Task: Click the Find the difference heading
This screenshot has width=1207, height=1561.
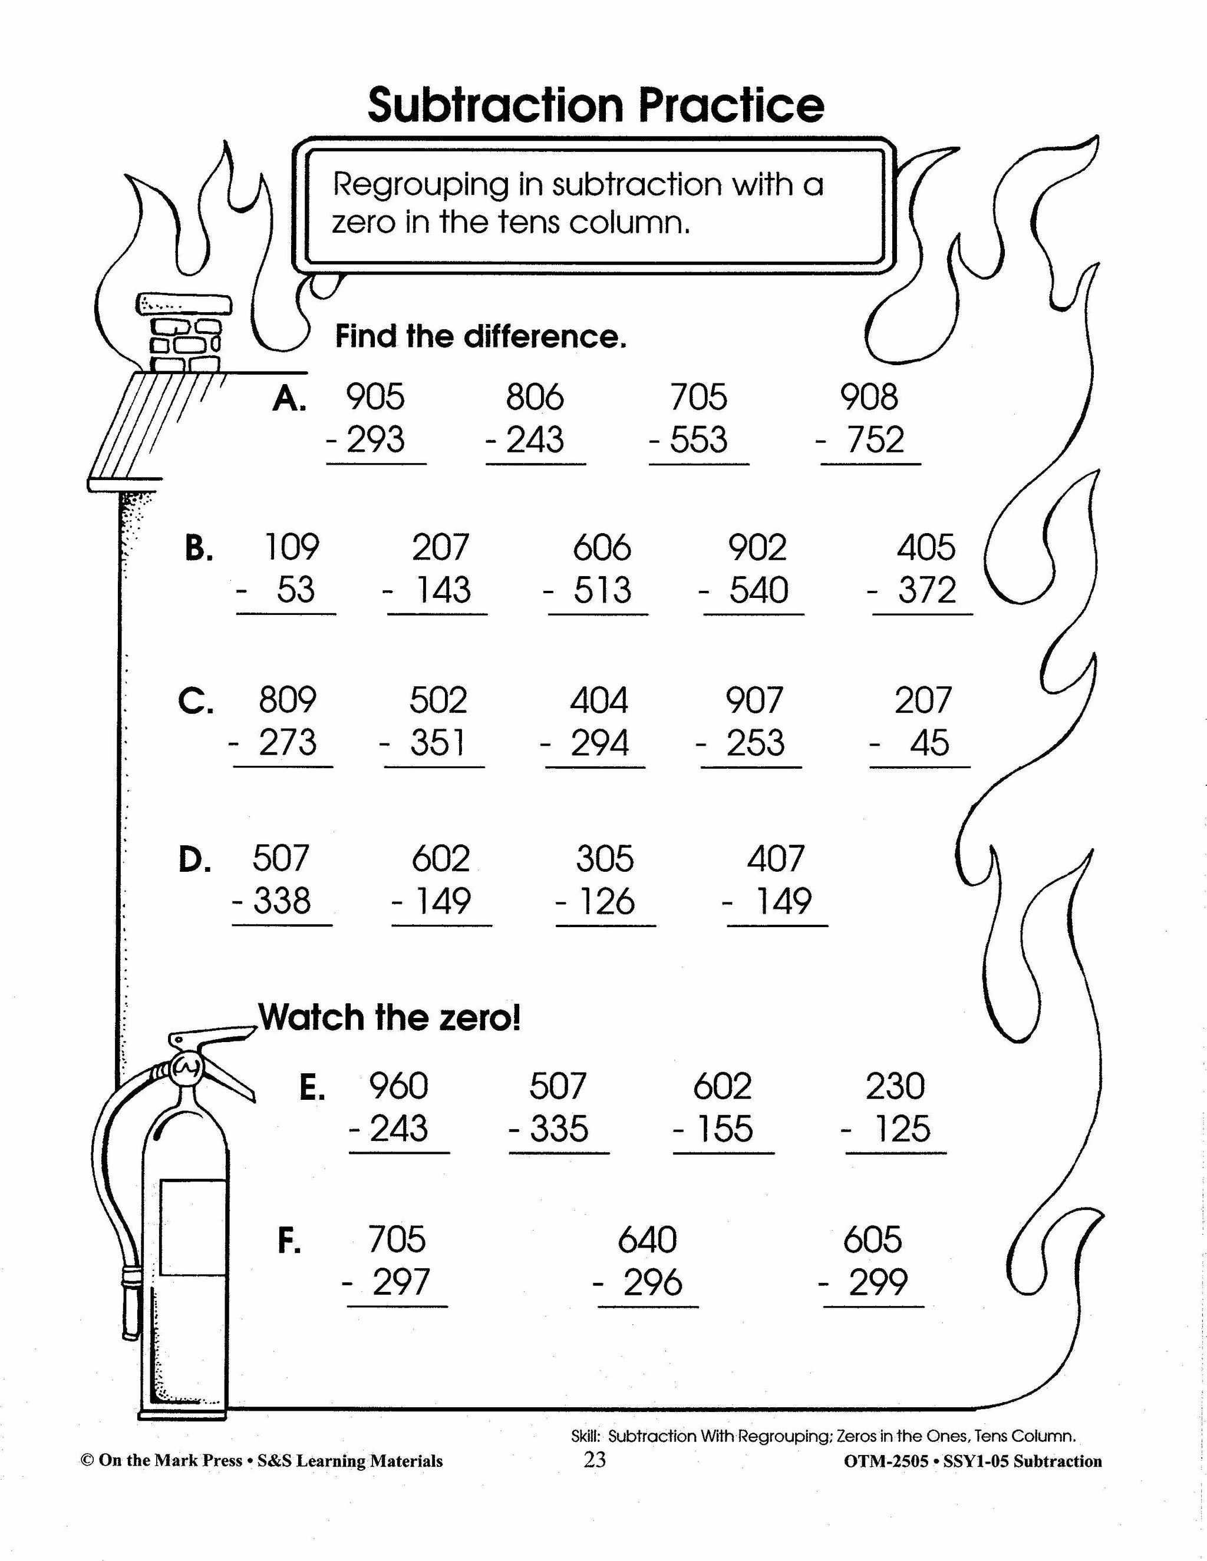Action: [x=480, y=336]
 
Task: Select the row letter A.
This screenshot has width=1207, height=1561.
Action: [x=289, y=399]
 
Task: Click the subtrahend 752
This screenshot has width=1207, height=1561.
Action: [x=875, y=439]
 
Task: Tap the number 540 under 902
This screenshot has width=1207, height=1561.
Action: [x=758, y=590]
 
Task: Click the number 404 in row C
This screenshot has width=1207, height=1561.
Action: [x=599, y=700]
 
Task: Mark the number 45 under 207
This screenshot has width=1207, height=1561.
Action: [x=929, y=743]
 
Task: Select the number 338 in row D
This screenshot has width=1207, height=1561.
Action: [x=282, y=901]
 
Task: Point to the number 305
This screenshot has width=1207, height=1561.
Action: [x=604, y=858]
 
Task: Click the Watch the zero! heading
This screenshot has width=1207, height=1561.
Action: [x=390, y=1017]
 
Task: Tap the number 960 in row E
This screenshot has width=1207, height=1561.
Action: [x=398, y=1086]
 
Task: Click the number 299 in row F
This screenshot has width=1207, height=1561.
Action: [x=878, y=1282]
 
